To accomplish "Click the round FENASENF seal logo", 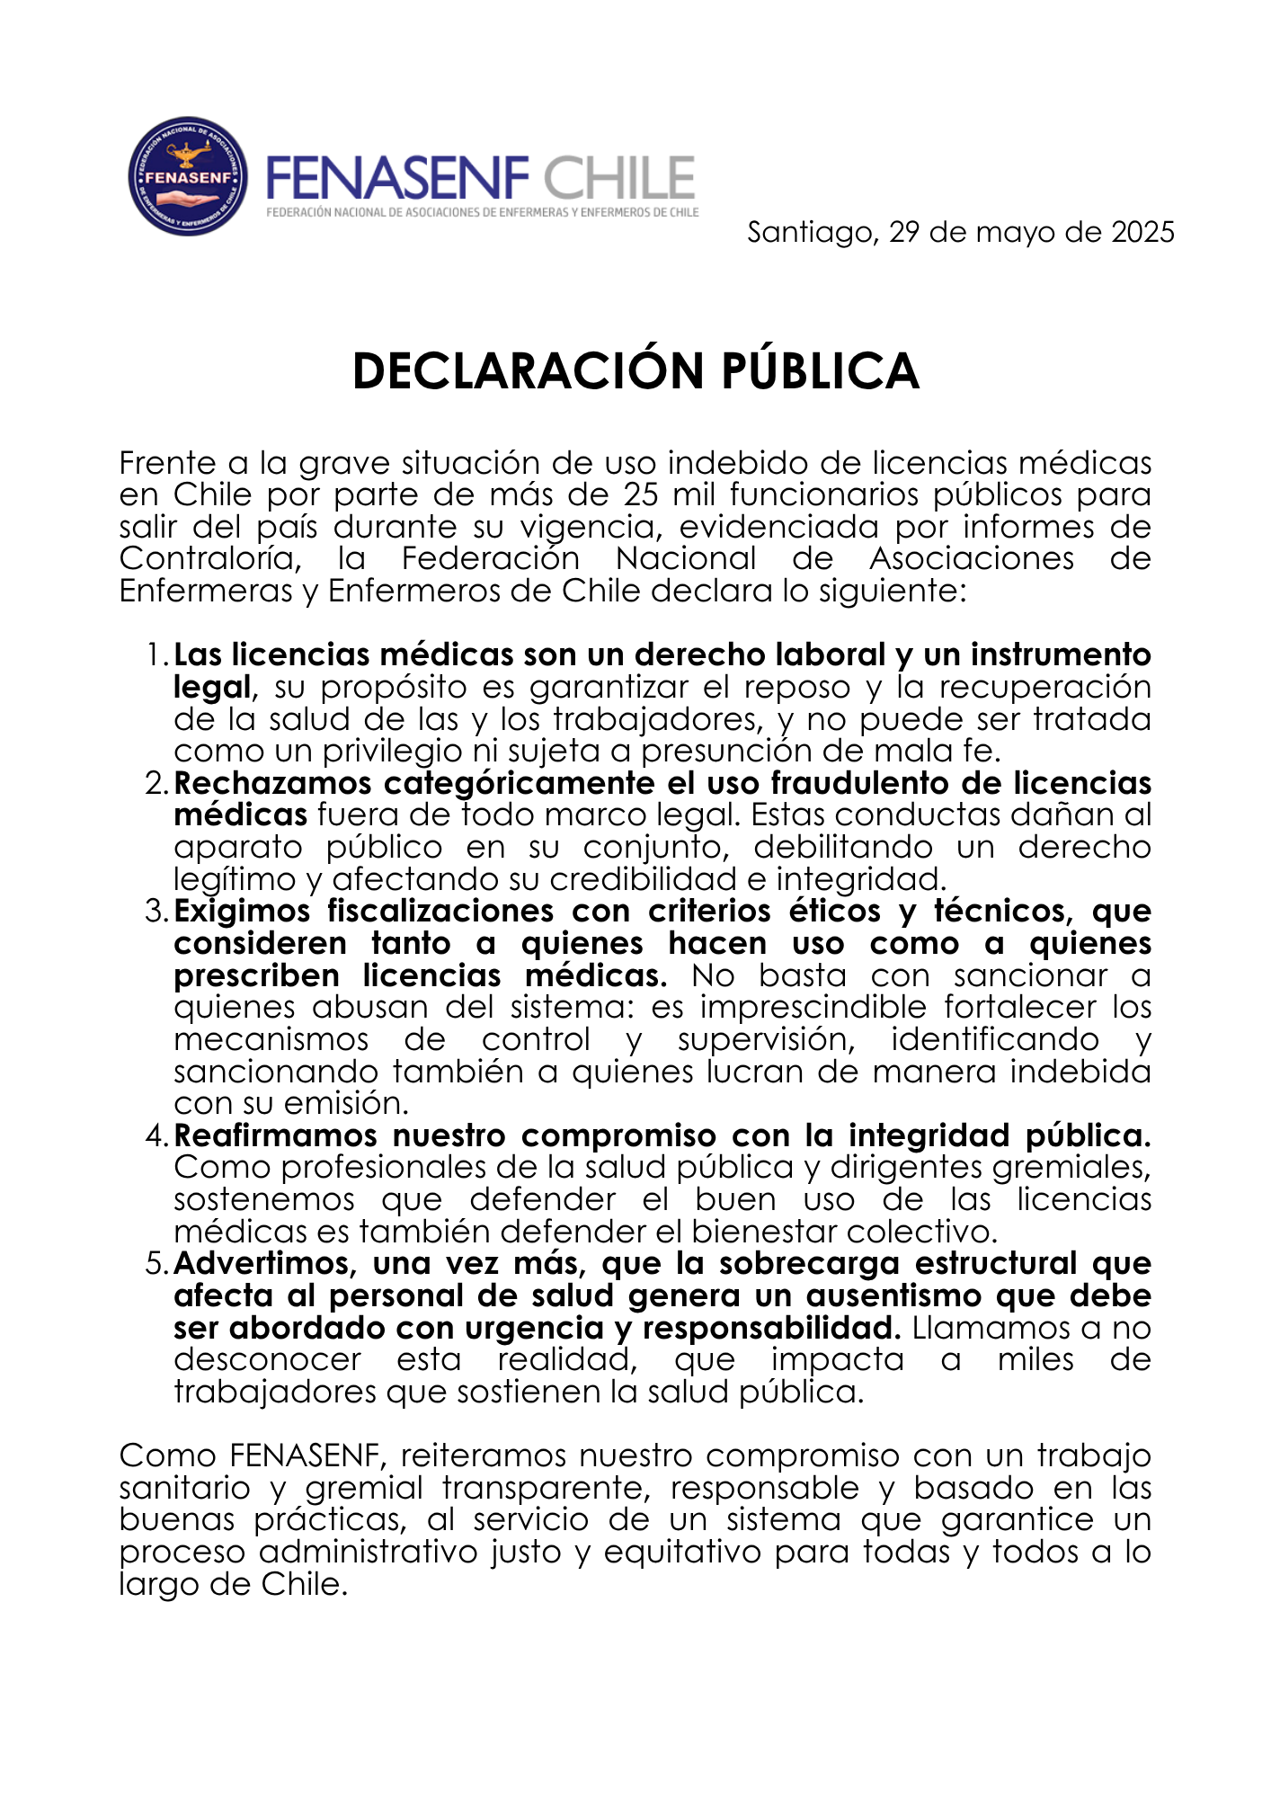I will point(188,176).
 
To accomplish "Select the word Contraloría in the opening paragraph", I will point(209,558).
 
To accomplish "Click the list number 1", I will point(156,655).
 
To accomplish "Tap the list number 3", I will point(155,912).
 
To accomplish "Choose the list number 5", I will point(155,1264).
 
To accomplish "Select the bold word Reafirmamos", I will point(274,1135).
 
